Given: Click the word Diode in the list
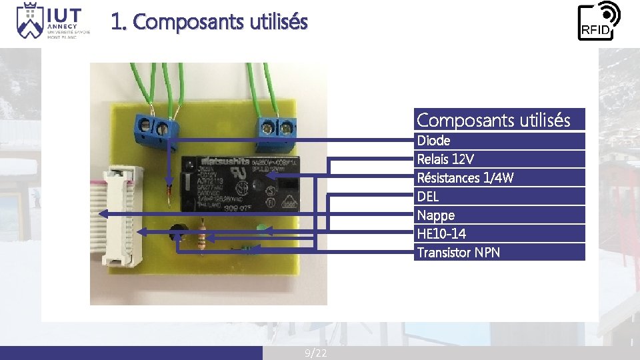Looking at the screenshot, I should point(433,141).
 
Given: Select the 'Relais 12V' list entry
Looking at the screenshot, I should point(445,159).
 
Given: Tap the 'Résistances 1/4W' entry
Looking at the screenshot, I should point(465,178).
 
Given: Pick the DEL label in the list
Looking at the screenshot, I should point(428,197).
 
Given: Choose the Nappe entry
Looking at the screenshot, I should point(435,215).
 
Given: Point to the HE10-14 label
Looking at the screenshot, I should point(441,234).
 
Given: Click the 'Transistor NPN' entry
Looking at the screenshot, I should point(458,253).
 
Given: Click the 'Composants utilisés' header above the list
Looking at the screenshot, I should point(493,120).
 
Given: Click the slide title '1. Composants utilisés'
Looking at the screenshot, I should point(209,22).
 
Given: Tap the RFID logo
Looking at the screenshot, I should point(598,21).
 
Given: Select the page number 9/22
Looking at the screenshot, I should point(316,353).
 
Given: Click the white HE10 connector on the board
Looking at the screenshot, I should point(124,217).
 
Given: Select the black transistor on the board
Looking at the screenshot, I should point(177,232).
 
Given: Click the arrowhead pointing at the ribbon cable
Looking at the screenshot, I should point(103,213).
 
